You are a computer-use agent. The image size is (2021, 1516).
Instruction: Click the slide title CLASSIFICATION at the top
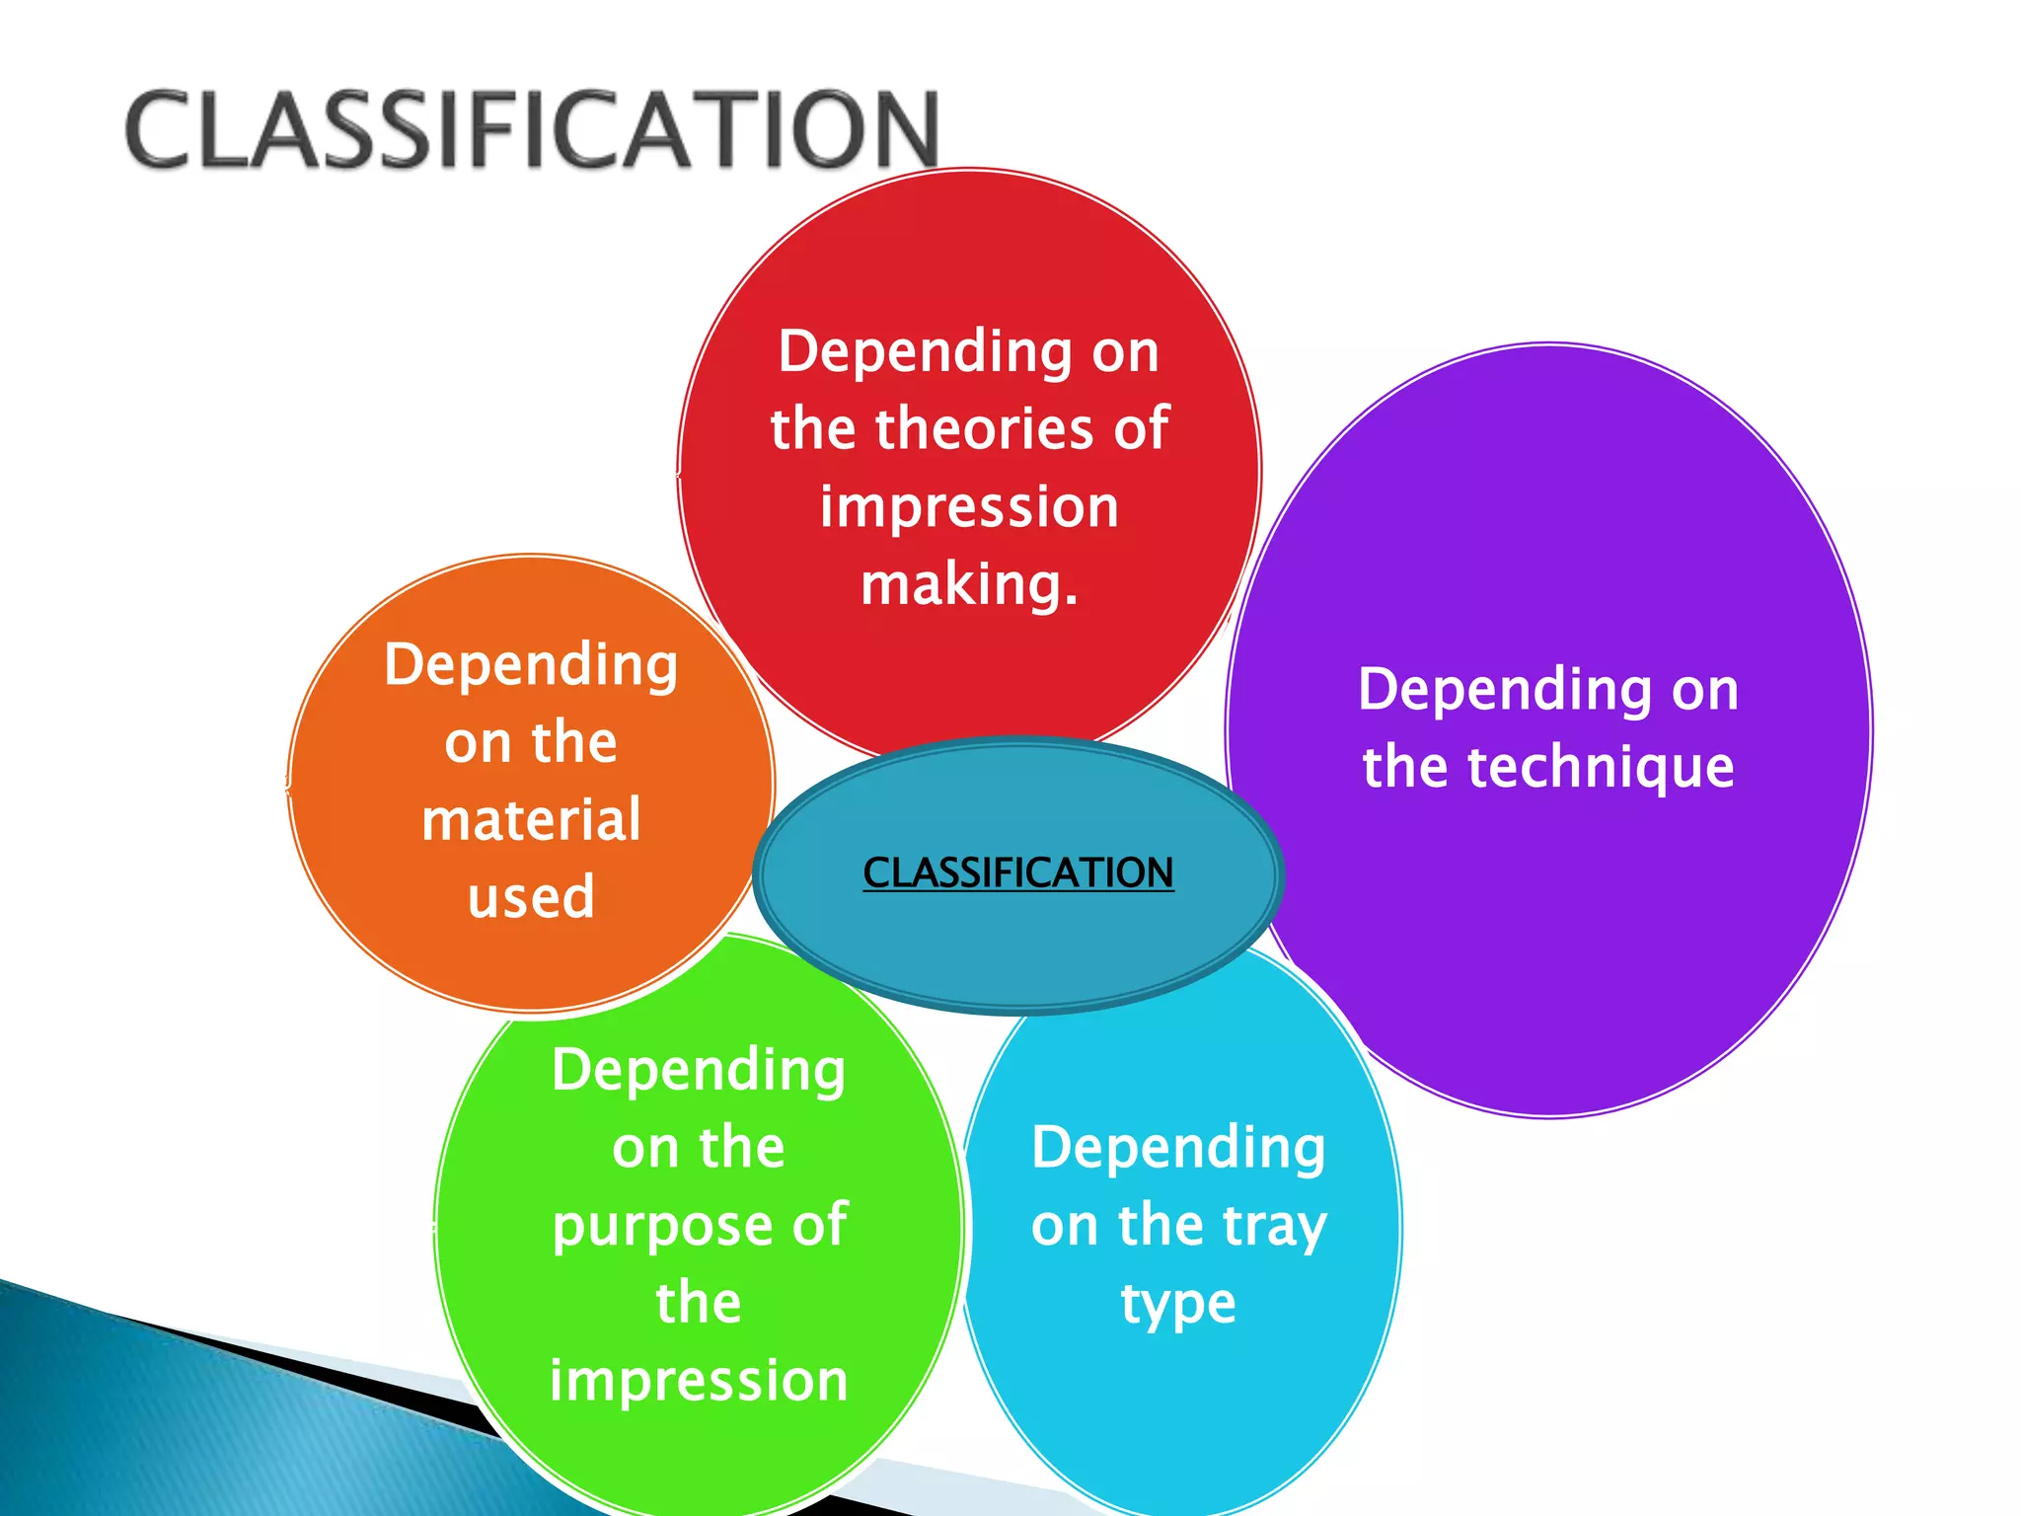click(x=532, y=129)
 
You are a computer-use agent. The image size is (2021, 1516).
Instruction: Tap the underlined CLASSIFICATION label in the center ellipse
click(x=1018, y=872)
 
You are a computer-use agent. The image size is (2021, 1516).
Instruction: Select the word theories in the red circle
click(x=987, y=429)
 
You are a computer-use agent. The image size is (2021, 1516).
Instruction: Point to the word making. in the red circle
click(x=970, y=584)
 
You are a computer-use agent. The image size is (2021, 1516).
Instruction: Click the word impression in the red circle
click(x=970, y=507)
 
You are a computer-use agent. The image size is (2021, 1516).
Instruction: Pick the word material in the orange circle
click(x=531, y=820)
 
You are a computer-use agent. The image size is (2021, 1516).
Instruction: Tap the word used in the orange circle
click(x=531, y=897)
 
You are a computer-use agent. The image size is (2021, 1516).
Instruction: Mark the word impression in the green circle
click(x=699, y=1380)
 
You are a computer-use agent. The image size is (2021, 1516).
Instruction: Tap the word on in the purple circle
click(x=1705, y=690)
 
